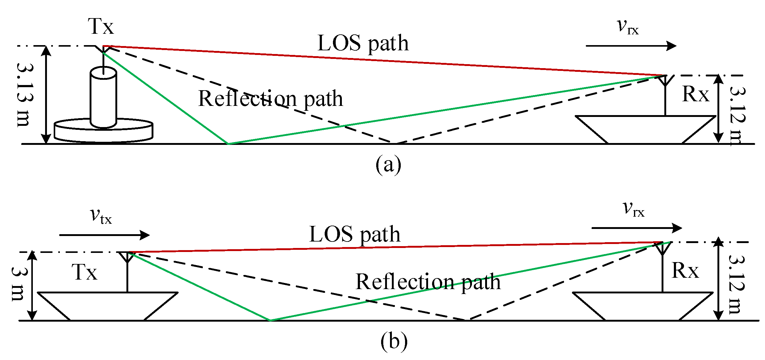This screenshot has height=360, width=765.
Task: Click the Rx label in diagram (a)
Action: point(695,94)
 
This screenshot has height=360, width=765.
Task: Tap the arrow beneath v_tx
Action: point(104,235)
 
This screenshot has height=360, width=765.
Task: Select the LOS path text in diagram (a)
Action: point(363,43)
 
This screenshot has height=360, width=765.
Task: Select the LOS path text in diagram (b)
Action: point(355,234)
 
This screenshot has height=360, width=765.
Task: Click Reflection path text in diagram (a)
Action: point(271,99)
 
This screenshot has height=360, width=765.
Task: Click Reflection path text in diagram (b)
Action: point(428,282)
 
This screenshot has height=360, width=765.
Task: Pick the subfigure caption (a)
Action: point(388,165)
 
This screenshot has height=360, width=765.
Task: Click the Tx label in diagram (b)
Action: point(85,273)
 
